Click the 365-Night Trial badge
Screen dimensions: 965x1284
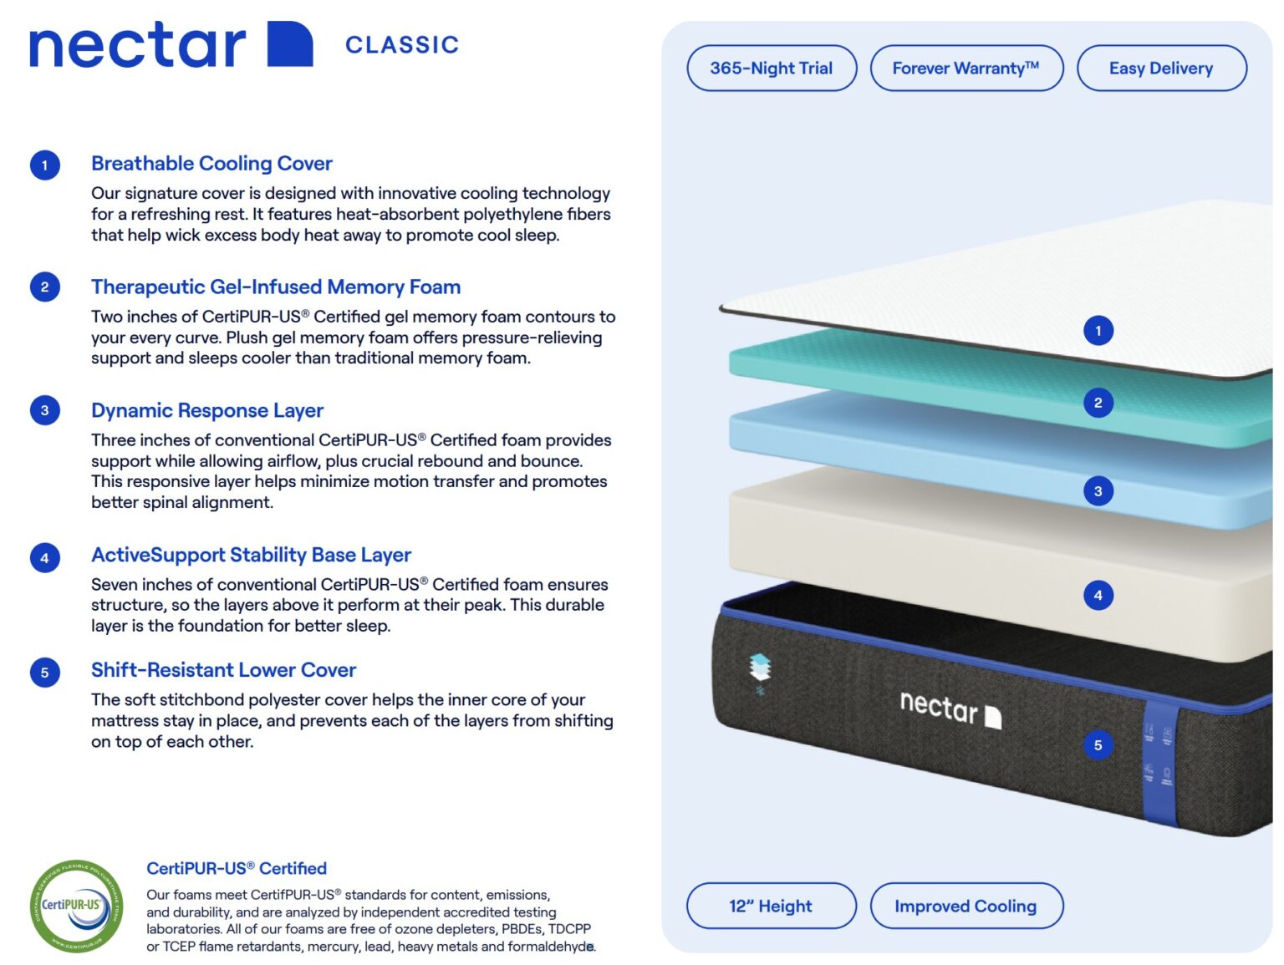(x=771, y=69)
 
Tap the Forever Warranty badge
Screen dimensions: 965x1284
(x=966, y=69)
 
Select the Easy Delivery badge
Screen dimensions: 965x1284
(x=1161, y=69)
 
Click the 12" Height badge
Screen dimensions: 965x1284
(x=771, y=906)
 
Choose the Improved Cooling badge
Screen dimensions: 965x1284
(x=966, y=906)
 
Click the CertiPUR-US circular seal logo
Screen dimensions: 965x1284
(x=76, y=906)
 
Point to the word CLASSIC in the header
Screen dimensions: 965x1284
(x=402, y=45)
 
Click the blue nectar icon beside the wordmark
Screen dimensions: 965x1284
(x=289, y=44)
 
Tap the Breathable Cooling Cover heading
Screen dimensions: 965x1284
(x=211, y=164)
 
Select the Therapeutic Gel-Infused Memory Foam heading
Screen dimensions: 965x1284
(x=276, y=287)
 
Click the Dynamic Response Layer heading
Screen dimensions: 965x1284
(x=207, y=411)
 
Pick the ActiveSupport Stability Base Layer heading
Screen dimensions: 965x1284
(x=251, y=556)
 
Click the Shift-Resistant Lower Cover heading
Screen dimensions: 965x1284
(x=223, y=670)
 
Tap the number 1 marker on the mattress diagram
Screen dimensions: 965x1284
(x=1098, y=331)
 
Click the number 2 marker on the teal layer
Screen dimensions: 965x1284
(x=1098, y=403)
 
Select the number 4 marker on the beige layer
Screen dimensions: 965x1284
(x=1098, y=596)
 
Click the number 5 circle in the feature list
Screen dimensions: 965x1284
(x=45, y=673)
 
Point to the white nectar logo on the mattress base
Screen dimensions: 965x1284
(x=950, y=709)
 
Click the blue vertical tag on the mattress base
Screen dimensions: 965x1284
(x=1159, y=762)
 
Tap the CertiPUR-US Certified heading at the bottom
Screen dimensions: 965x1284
(x=237, y=868)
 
